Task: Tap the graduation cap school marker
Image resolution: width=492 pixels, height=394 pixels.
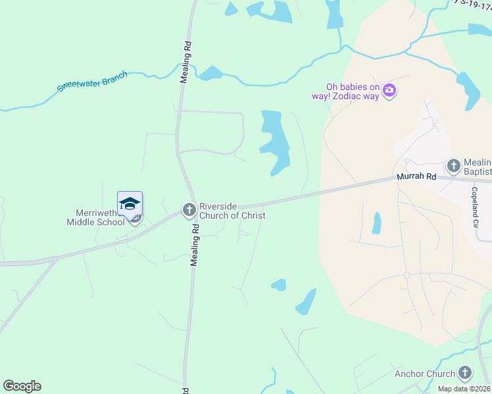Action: pyautogui.click(x=130, y=202)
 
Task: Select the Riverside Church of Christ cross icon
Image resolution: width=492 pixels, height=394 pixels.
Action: pyautogui.click(x=189, y=210)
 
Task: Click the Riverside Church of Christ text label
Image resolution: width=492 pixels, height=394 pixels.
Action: pyautogui.click(x=232, y=211)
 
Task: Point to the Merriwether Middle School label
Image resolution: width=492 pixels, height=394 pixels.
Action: pyautogui.click(x=95, y=217)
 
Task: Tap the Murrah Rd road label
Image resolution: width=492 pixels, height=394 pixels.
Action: pyautogui.click(x=416, y=177)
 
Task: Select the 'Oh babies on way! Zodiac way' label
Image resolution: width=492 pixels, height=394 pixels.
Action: pyautogui.click(x=354, y=91)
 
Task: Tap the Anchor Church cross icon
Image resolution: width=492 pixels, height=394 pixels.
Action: pyautogui.click(x=465, y=374)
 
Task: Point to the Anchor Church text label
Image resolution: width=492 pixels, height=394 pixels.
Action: pyautogui.click(x=424, y=374)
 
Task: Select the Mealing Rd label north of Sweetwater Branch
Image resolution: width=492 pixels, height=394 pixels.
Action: pyautogui.click(x=187, y=62)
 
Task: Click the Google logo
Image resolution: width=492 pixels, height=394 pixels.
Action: pyautogui.click(x=22, y=386)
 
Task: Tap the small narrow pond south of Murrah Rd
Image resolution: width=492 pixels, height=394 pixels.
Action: pyautogui.click(x=376, y=223)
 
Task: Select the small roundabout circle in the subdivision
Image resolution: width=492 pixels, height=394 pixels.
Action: pyautogui.click(x=406, y=274)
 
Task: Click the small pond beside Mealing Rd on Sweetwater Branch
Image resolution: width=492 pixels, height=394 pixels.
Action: pyautogui.click(x=210, y=73)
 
